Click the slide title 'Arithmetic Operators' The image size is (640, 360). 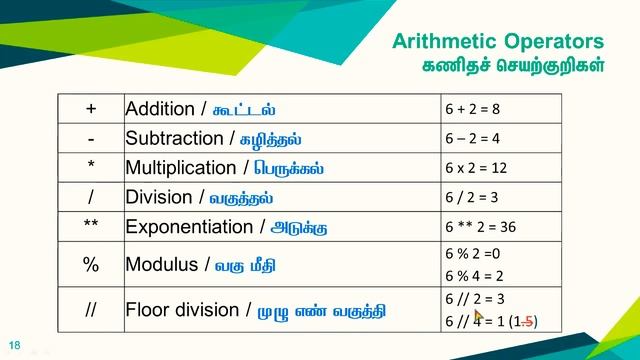click(497, 42)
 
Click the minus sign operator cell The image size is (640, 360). click(91, 137)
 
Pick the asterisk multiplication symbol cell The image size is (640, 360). click(91, 167)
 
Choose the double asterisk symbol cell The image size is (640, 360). click(91, 226)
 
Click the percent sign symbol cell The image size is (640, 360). click(91, 265)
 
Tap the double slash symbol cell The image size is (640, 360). click(91, 309)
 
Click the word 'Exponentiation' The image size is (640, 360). click(189, 227)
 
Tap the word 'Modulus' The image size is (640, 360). click(163, 265)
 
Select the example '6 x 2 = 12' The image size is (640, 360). click(476, 168)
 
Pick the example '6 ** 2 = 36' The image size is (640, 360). click(480, 227)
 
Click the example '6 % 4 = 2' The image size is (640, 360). click(473, 275)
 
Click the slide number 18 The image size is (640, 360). click(14, 342)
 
